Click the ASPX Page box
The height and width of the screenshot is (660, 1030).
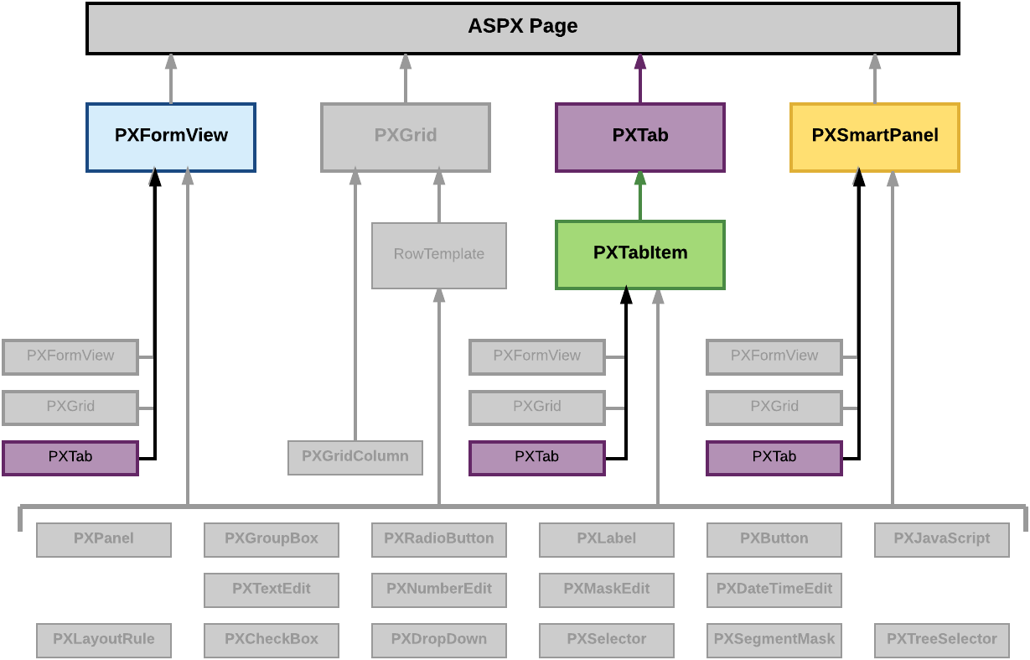click(x=522, y=28)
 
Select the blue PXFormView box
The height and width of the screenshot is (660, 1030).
click(x=171, y=137)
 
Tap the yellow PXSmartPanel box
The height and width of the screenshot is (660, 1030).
click(x=874, y=137)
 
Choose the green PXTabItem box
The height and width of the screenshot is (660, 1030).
click(x=639, y=254)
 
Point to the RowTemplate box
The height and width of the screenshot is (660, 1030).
click(x=438, y=255)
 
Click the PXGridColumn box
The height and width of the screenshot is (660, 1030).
click(x=355, y=457)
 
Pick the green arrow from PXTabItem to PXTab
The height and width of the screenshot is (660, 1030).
click(x=640, y=195)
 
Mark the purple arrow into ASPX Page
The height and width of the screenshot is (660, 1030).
click(x=640, y=78)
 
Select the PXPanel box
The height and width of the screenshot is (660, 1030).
click(x=103, y=539)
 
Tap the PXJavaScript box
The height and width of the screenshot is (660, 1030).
click(x=941, y=539)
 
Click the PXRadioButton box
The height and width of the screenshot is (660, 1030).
click(x=438, y=539)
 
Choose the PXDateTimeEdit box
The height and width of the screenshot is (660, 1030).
click(x=774, y=590)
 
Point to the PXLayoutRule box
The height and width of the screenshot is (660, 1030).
click(x=103, y=640)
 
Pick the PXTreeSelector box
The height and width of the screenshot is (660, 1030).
click(x=941, y=640)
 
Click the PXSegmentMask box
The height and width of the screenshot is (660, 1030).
click(x=774, y=640)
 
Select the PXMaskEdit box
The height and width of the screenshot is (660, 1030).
click(x=606, y=590)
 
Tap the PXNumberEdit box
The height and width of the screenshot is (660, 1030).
click(x=438, y=590)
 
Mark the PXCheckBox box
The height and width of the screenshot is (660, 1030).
click(x=271, y=640)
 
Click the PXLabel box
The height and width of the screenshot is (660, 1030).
click(x=606, y=539)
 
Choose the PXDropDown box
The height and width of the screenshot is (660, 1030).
click(x=438, y=640)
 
